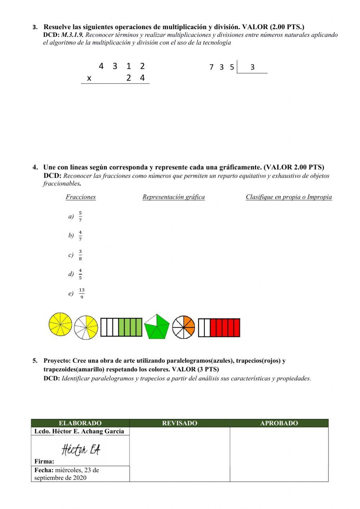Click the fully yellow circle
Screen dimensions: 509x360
click(60, 324)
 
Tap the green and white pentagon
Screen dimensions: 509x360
click(157, 327)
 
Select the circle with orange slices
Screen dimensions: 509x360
click(183, 327)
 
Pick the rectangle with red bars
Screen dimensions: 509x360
click(219, 327)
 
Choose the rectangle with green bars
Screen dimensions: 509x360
click(121, 327)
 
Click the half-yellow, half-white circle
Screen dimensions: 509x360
click(86, 327)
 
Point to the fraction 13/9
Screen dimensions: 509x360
click(82, 293)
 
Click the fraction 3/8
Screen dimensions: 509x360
click(80, 255)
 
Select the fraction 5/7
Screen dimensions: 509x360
click(80, 216)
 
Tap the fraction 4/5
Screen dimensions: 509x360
click(80, 274)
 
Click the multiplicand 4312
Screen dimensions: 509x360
click(122, 66)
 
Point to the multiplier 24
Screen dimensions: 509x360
click(135, 78)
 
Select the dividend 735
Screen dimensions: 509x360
click(221, 67)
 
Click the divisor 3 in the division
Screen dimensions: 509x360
click(252, 67)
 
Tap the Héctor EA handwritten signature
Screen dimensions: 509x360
click(81, 450)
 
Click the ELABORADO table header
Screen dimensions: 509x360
click(80, 423)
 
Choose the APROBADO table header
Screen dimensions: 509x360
click(279, 423)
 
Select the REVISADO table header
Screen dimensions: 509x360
click(180, 423)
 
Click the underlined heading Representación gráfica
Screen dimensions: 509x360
click(174, 197)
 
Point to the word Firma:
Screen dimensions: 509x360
click(44, 461)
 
